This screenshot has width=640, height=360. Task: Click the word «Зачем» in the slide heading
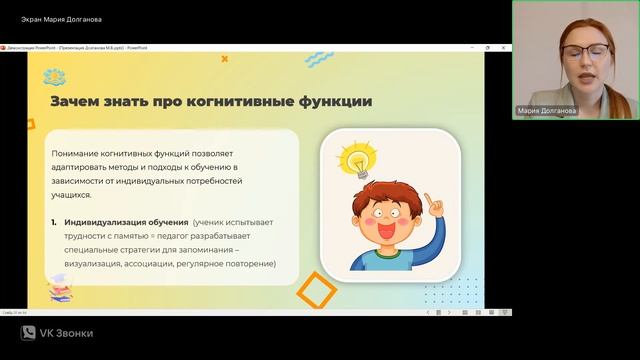coord(76,101)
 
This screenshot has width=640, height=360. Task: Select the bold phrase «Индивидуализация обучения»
coord(126,221)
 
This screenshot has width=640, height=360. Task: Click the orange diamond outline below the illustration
coord(318,292)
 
